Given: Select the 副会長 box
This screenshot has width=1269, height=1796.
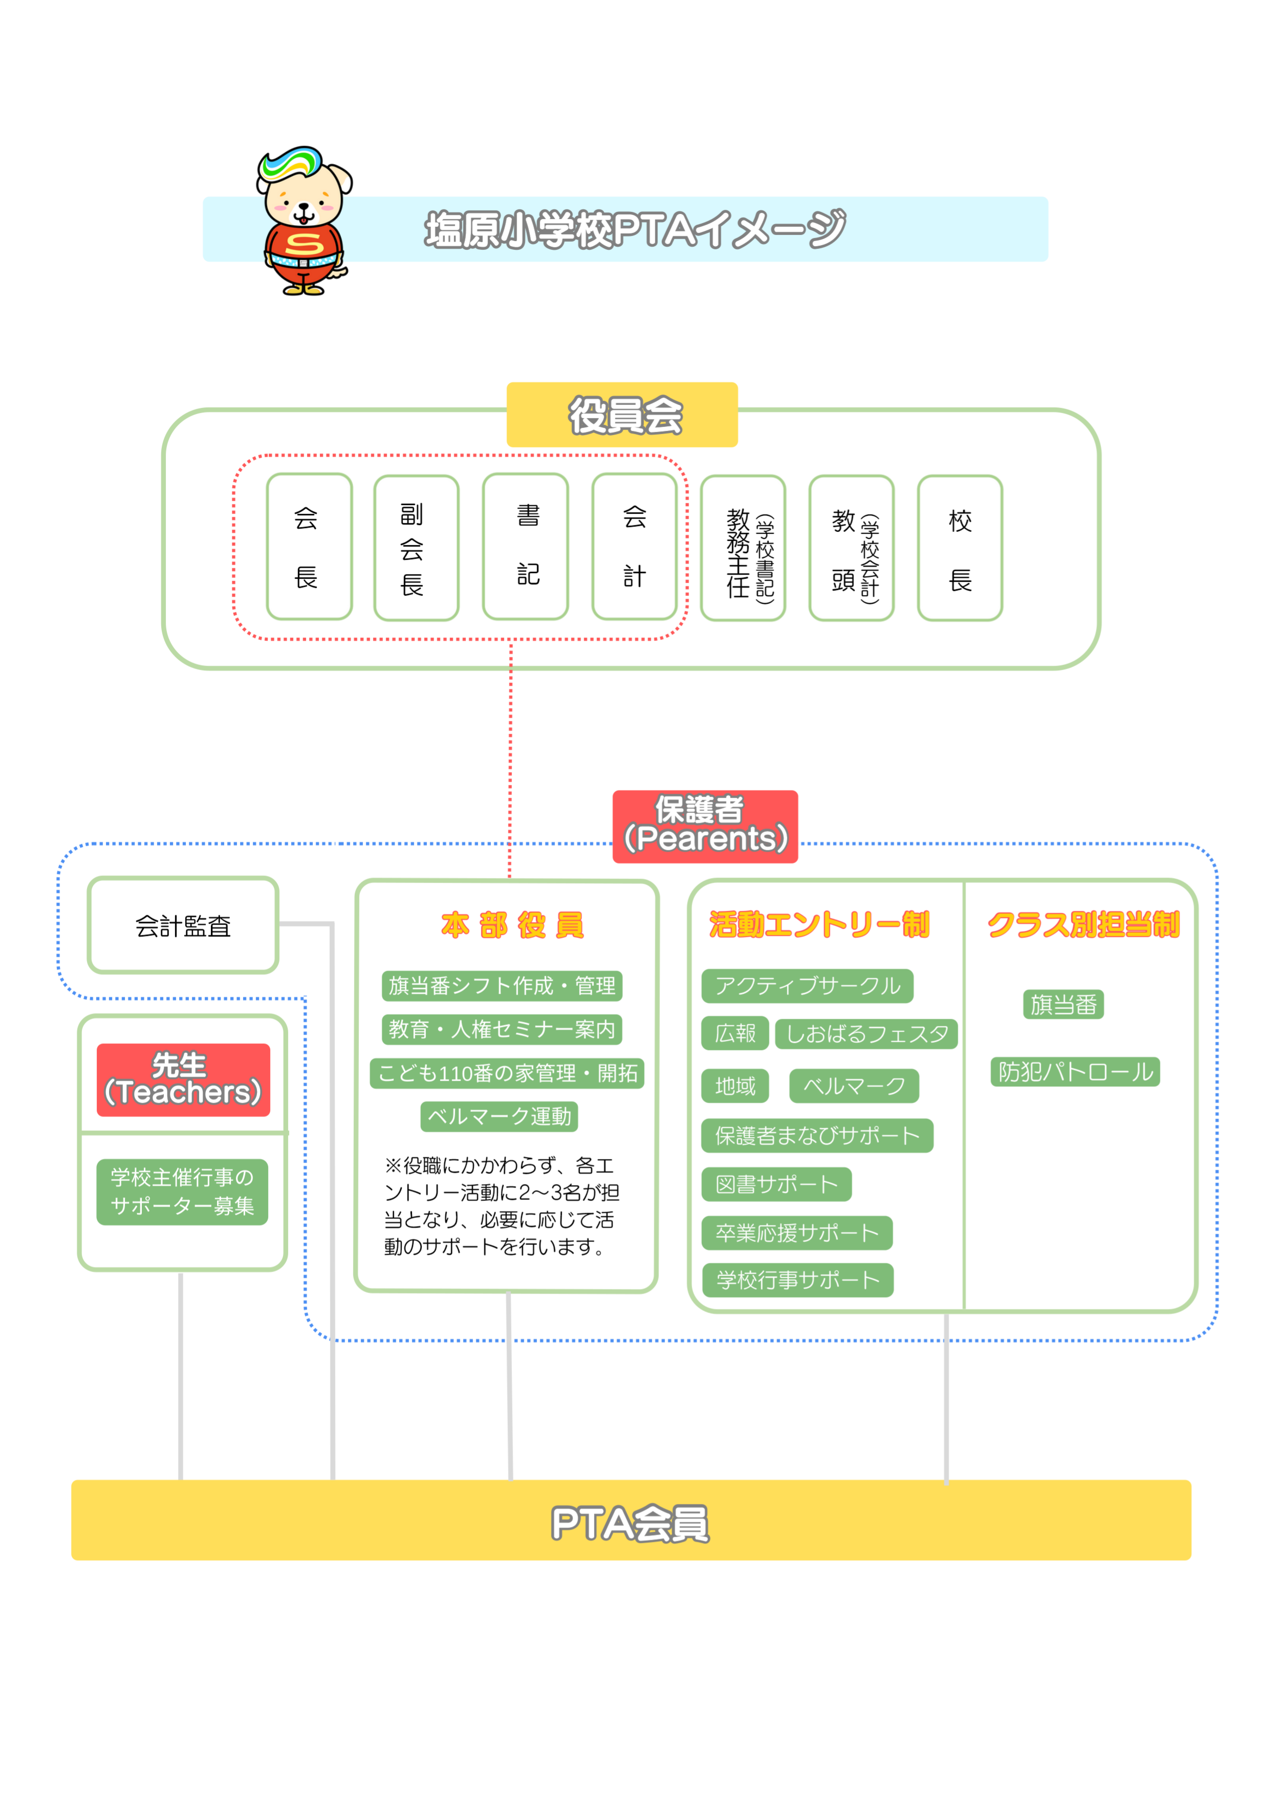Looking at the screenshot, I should [x=415, y=547].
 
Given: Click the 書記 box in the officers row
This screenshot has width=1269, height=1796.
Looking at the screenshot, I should [x=525, y=546].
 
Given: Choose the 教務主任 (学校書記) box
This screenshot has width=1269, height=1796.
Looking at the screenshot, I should [x=743, y=547].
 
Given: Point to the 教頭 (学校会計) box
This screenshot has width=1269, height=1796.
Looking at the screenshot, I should [x=851, y=547].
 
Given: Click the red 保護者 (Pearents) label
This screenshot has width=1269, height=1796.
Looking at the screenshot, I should [x=705, y=826].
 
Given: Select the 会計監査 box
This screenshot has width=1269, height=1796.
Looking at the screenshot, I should [x=183, y=925].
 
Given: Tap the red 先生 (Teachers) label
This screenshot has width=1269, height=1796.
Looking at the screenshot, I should [x=183, y=1080].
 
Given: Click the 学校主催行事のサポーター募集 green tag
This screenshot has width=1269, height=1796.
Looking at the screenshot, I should [x=182, y=1191].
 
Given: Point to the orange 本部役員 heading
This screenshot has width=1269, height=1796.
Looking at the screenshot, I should [x=512, y=924].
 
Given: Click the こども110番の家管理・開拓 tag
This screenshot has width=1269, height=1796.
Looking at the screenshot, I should [x=507, y=1072].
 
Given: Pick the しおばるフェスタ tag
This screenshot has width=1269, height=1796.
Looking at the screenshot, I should [x=866, y=1033].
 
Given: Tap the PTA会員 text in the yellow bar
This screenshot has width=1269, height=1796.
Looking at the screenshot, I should [x=630, y=1524].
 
